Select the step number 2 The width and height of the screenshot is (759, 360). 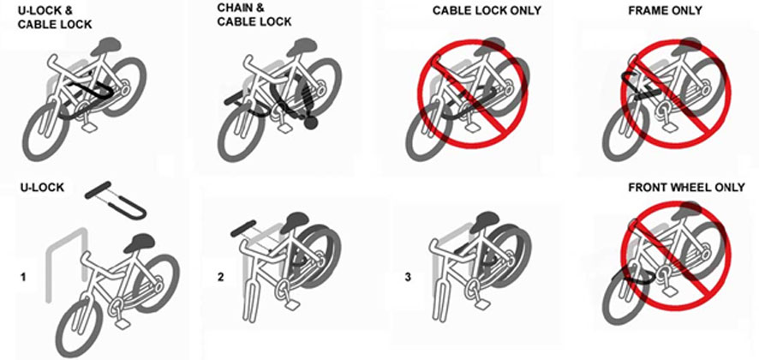[220, 277]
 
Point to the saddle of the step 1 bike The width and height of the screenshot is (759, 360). [140, 246]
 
